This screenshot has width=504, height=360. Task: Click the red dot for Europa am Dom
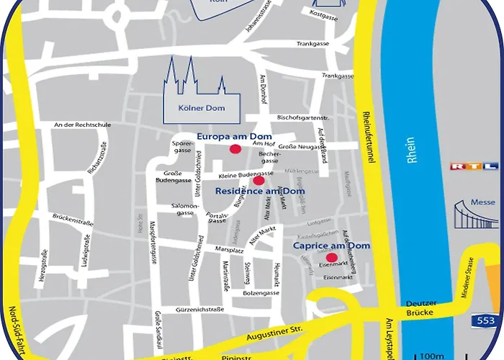pos(235,149)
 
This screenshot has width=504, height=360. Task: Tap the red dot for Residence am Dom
pos(258,181)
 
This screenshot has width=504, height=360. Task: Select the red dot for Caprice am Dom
pos(331,258)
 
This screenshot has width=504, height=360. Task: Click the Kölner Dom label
pos(201,109)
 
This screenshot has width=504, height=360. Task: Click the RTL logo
pos(474,167)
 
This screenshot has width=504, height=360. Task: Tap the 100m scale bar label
pos(431,355)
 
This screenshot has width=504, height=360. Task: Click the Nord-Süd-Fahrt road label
pos(16,324)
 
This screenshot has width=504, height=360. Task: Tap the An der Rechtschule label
pos(82,125)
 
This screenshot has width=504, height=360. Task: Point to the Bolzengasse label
pos(261,292)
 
